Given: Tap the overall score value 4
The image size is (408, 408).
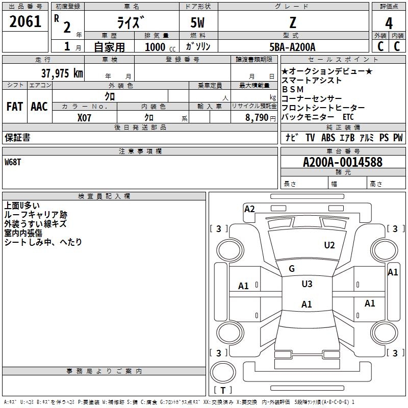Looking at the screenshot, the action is (389, 23).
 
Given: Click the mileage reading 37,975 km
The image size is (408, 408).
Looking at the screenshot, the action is (62, 73).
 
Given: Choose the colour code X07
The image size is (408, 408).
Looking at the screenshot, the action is (85, 117).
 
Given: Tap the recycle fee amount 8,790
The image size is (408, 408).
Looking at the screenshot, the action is (257, 117).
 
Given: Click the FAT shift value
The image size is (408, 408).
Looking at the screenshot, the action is (14, 107).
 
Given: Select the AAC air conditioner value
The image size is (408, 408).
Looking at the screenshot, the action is (39, 107).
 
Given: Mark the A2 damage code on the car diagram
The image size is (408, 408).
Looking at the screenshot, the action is (249, 209).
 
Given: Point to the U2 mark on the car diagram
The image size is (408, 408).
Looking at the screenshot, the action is (329, 245).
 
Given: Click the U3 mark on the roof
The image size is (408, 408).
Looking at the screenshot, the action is (307, 284).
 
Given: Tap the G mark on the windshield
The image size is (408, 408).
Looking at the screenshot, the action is (292, 269).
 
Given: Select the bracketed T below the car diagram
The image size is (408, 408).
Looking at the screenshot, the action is (223, 390).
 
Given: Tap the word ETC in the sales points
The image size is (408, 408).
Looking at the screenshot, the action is (348, 117).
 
